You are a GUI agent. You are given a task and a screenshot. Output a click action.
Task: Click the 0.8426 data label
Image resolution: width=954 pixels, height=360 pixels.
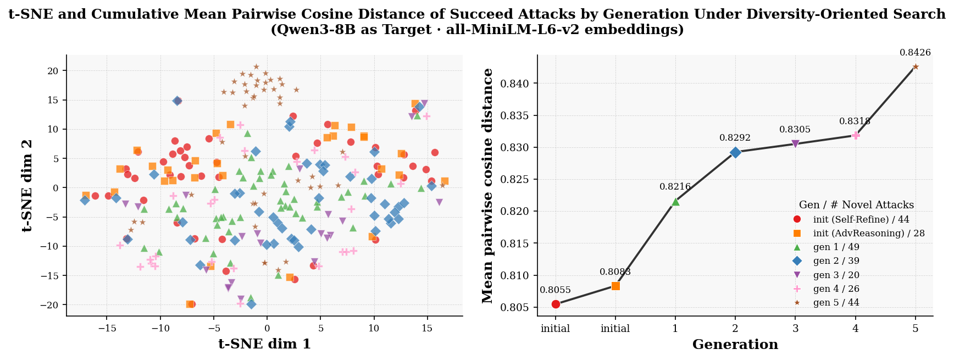(x=915, y=53)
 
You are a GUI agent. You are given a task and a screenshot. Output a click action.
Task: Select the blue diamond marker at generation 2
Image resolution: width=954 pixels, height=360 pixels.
(x=735, y=153)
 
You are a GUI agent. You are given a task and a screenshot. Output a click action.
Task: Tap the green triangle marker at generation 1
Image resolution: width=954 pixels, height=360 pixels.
(x=675, y=202)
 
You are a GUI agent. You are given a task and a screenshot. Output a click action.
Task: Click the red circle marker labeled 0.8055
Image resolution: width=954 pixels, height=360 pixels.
(x=556, y=304)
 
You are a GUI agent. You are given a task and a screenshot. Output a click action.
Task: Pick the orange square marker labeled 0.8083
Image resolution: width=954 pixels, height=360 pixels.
(x=615, y=286)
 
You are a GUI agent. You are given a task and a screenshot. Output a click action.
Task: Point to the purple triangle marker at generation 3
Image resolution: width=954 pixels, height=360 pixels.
(x=795, y=144)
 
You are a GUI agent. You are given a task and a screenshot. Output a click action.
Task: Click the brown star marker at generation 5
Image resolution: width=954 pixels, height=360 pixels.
(x=916, y=67)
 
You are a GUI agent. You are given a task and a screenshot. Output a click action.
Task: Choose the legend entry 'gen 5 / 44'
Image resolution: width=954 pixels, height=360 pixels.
(x=836, y=302)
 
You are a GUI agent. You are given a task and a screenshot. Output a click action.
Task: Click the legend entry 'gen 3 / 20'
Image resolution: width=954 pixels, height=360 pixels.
(x=836, y=275)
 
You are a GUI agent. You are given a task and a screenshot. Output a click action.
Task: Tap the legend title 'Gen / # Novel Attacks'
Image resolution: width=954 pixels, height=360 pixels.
(x=856, y=205)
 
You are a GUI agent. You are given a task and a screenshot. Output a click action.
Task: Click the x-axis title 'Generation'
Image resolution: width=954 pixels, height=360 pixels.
(x=735, y=345)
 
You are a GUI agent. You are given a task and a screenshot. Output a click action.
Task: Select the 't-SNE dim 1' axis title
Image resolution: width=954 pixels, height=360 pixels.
(x=264, y=344)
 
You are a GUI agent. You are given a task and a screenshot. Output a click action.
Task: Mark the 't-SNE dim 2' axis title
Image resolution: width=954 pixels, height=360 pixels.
(x=28, y=185)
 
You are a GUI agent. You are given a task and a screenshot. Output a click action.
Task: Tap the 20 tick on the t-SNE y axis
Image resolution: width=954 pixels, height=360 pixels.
(x=53, y=71)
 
